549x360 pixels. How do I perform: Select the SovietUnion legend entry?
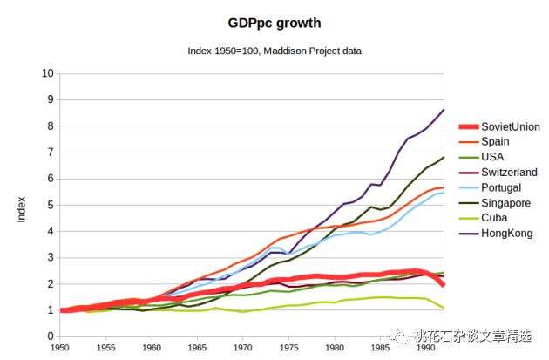tap(510, 126)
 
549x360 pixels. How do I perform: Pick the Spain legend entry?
tap(495, 142)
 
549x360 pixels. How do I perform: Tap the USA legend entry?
tap(493, 158)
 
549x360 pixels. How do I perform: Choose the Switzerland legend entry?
tap(509, 173)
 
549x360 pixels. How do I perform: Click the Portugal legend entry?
tap(501, 187)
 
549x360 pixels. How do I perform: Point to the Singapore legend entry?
tap(505, 203)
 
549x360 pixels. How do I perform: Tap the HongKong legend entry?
tap(505, 234)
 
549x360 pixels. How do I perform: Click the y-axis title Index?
tap(23, 208)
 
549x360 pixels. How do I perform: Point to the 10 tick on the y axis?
tap(49, 73)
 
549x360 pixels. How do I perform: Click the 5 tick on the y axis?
tap(51, 205)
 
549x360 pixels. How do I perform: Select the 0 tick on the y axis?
tap(51, 336)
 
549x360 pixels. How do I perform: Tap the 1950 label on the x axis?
tap(60, 348)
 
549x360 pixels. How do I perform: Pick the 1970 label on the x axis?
tap(243, 348)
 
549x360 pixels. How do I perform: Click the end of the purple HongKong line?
tap(444, 110)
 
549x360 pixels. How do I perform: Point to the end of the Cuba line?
tap(444, 309)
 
